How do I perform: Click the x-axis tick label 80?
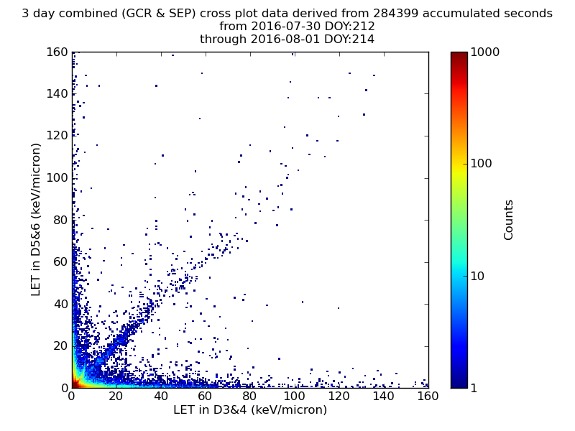pos(249,397)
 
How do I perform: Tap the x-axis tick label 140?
pos(383,397)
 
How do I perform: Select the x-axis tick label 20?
pos(116,397)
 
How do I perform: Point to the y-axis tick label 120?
pos(57,136)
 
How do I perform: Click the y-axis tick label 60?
pos(61,261)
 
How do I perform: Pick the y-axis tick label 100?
pos(57,177)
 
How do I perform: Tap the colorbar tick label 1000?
pos(484,52)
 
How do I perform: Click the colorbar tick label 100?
pos(481,164)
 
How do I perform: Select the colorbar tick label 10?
pos(477,276)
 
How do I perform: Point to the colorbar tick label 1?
pos(474,388)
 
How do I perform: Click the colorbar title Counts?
pos(508,220)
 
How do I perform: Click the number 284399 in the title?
pos(397,13)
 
